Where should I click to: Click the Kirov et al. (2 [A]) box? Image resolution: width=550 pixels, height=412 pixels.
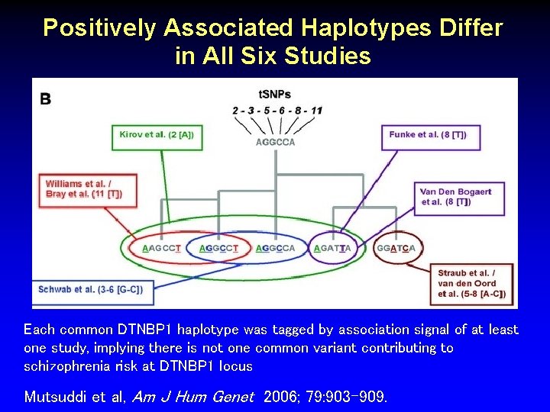[157, 135]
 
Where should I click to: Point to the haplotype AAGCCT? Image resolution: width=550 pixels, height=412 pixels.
[162, 248]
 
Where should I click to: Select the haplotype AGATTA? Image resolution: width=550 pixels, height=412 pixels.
[332, 248]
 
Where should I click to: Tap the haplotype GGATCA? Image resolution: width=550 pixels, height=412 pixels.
[396, 248]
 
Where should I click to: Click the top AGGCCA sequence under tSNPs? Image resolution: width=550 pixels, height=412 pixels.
[275, 142]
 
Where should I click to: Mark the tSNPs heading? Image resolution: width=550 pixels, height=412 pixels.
[275, 95]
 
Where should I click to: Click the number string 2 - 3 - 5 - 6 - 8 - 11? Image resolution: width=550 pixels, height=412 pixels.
[277, 111]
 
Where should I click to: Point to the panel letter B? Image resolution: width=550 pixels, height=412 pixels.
[46, 98]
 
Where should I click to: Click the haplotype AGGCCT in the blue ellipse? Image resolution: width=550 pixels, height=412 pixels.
[218, 248]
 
